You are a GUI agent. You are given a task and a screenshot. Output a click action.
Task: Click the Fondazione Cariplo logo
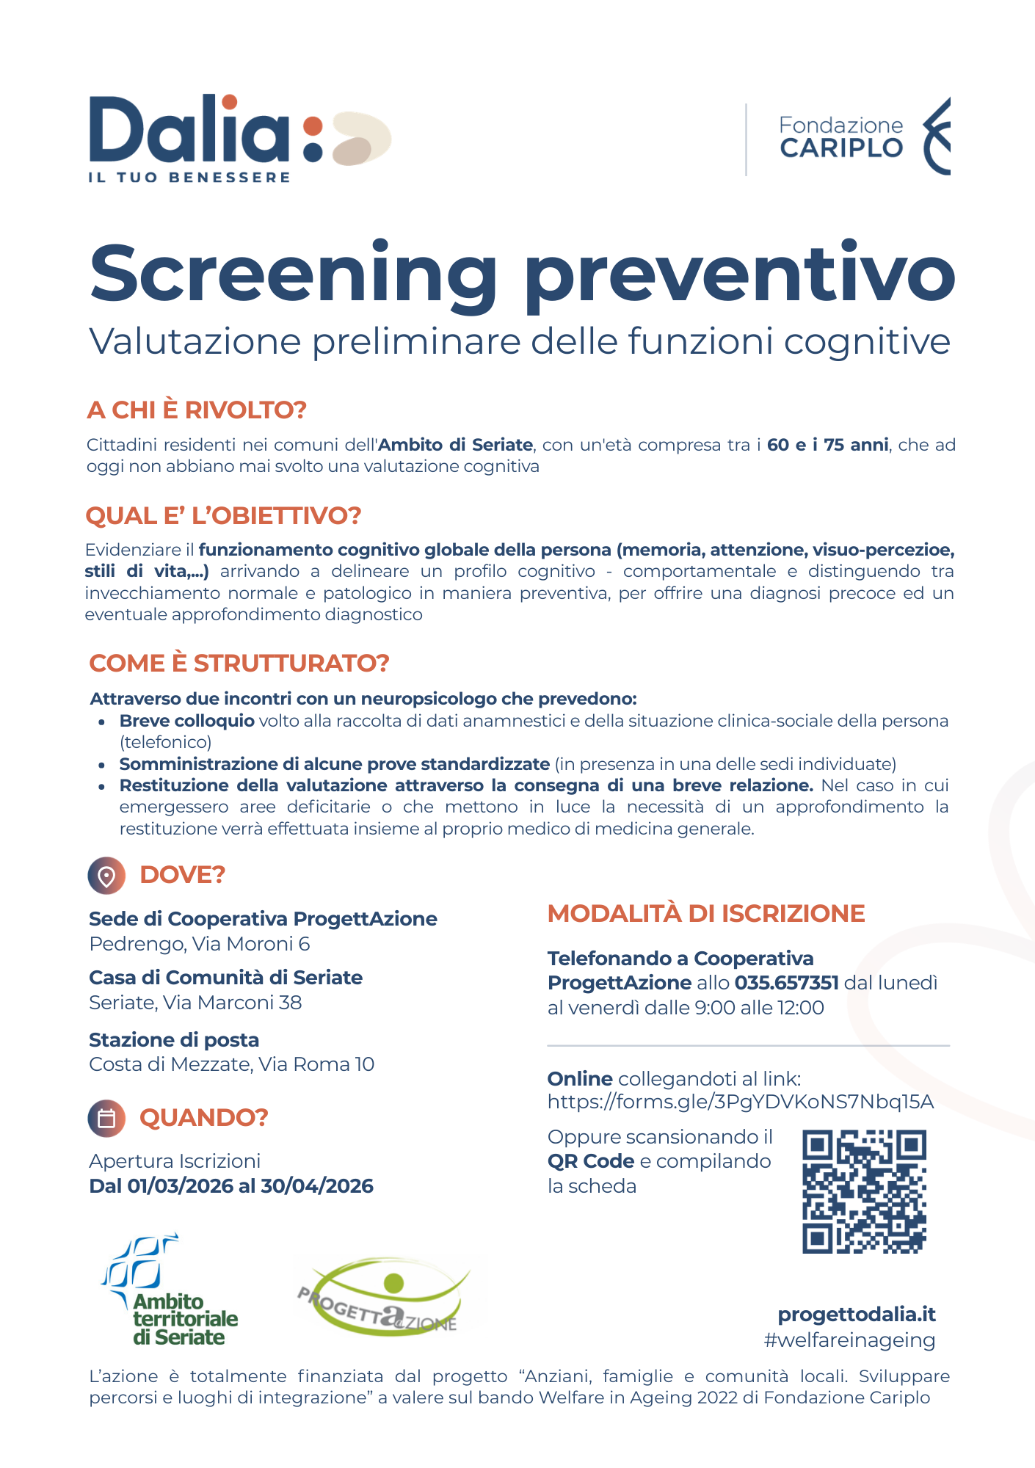[x=863, y=137]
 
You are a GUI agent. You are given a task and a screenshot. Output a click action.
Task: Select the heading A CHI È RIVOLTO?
[x=196, y=410]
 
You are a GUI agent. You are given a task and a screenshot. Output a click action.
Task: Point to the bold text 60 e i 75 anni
[x=827, y=445]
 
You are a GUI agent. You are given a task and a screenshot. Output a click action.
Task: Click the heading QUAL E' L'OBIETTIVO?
[x=223, y=515]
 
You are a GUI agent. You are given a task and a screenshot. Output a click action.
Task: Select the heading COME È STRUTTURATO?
[x=239, y=663]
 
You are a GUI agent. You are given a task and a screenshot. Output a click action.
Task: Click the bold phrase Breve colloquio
[x=186, y=721]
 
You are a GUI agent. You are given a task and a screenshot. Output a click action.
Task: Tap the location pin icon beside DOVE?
[x=106, y=876]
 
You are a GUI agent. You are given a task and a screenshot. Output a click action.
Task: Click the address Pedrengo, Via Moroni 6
[x=199, y=944]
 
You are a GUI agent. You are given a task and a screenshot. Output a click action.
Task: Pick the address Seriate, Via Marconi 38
[x=195, y=1003]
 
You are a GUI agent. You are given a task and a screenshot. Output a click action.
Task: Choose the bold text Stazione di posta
[x=174, y=1040]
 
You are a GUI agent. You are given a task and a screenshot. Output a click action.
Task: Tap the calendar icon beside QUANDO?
[x=106, y=1119]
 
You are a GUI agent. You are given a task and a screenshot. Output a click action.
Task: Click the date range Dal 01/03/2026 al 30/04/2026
[x=230, y=1186]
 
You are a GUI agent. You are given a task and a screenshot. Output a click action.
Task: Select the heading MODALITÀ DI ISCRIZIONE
[x=705, y=913]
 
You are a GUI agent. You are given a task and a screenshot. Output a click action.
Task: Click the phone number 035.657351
[x=786, y=983]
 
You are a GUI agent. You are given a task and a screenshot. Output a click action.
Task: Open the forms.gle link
[x=740, y=1102]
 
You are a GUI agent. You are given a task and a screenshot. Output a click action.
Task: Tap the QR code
[x=864, y=1191]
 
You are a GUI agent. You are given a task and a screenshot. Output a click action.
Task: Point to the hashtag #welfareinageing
[x=849, y=1340]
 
